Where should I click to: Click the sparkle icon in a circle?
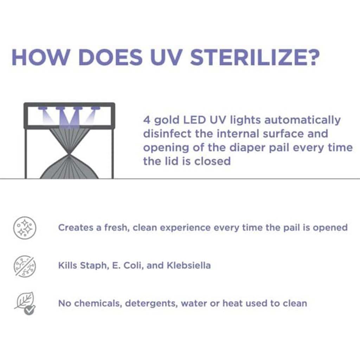pos(25,227)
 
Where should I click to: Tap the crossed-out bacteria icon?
pos(25,266)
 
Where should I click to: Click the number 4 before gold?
pos(147,120)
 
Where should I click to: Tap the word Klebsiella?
pos(188,265)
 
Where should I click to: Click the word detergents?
pos(152,304)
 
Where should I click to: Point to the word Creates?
pos(76,227)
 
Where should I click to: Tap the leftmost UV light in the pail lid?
pos(42,108)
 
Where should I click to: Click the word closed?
pos(212,161)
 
